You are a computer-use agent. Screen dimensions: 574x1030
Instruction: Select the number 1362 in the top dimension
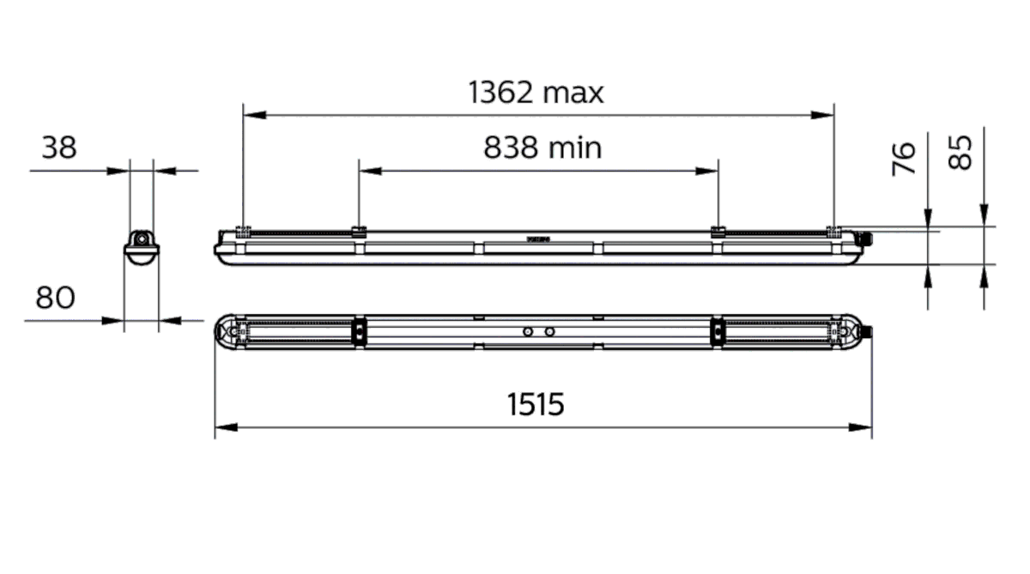(x=501, y=92)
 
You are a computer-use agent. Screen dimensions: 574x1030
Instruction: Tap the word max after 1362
(x=573, y=93)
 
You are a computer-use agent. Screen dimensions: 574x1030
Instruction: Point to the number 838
(x=512, y=148)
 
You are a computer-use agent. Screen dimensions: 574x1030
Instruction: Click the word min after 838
(x=574, y=148)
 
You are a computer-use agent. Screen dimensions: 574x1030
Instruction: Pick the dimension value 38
(x=59, y=148)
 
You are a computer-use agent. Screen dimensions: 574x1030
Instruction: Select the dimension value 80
(x=55, y=298)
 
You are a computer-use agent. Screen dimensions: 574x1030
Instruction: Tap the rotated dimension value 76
(x=905, y=160)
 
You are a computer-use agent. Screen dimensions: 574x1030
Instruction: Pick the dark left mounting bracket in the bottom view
(x=360, y=331)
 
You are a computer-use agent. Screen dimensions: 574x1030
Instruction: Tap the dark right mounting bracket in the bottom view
(x=716, y=331)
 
